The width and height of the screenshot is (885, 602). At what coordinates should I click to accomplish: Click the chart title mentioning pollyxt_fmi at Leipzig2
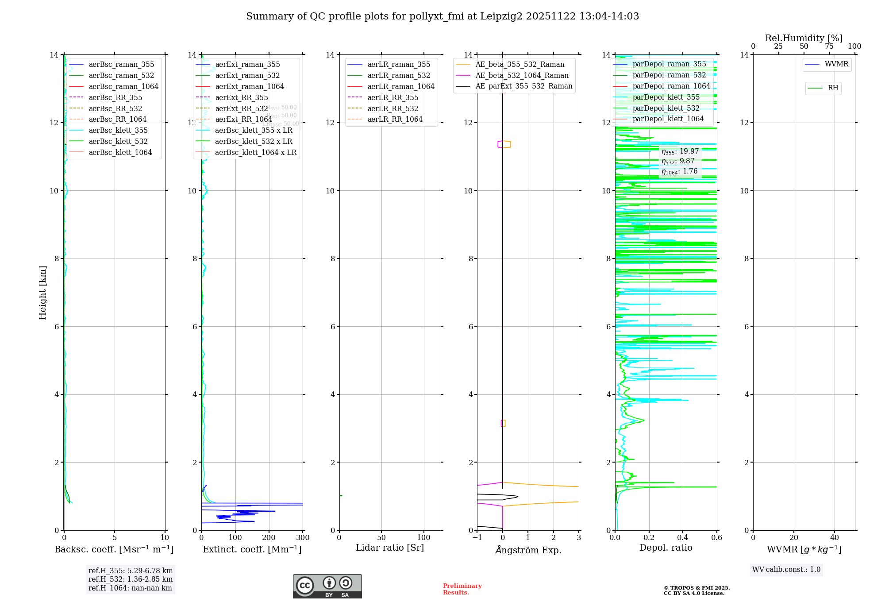click(x=442, y=16)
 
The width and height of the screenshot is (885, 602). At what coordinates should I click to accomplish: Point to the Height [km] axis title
click(x=42, y=292)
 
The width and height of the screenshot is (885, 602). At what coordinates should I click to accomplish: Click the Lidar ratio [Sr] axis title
click(x=390, y=548)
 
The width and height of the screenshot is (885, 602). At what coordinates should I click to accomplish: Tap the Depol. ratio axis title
click(x=666, y=548)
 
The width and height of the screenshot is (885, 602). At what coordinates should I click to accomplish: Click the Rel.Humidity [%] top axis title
click(x=804, y=38)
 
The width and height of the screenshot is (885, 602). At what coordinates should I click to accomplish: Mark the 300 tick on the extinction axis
click(x=303, y=538)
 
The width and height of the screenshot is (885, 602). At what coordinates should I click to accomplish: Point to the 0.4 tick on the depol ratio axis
click(x=683, y=538)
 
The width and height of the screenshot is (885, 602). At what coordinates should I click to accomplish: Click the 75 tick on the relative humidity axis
click(x=829, y=46)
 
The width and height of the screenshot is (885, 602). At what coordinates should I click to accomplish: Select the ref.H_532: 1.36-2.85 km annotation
click(x=131, y=579)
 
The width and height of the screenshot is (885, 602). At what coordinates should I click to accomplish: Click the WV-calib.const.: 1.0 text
click(x=786, y=570)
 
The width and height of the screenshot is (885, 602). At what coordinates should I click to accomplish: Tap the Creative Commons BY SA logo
click(x=327, y=586)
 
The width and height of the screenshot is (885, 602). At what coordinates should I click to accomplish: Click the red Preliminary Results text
click(x=462, y=589)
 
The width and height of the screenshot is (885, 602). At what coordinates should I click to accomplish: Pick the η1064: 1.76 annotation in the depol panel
click(x=680, y=171)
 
